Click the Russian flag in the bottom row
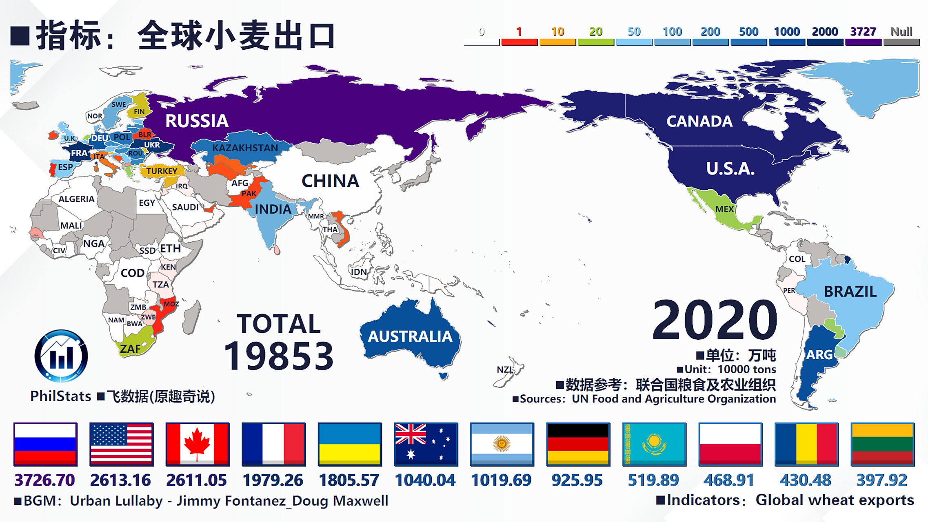click(x=45, y=444)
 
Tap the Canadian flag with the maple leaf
click(x=198, y=444)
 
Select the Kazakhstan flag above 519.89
click(x=654, y=444)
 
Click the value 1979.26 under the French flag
click(x=273, y=480)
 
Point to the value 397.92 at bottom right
click(x=882, y=480)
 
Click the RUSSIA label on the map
click(x=197, y=121)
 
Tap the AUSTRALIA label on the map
click(x=410, y=336)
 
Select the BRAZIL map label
click(x=850, y=292)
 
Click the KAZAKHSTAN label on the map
click(x=245, y=148)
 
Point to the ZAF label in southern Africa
click(x=130, y=349)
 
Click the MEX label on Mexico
click(x=724, y=209)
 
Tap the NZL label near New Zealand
click(x=505, y=369)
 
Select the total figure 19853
click(x=279, y=356)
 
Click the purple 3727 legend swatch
click(x=863, y=42)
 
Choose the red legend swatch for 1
click(x=519, y=42)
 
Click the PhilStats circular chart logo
click(x=61, y=356)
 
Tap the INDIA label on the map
click(x=273, y=209)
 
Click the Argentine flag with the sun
click(x=502, y=444)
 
